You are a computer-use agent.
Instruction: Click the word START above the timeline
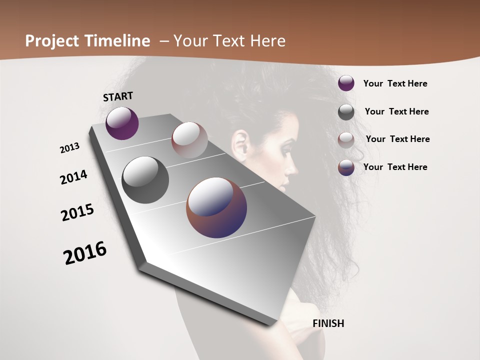point(118,96)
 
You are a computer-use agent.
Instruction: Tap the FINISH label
point(328,323)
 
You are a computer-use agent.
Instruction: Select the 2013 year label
point(69,148)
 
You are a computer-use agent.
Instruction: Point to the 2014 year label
point(73,177)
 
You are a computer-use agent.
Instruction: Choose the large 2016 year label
point(85,253)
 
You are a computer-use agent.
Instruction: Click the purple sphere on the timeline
point(122,123)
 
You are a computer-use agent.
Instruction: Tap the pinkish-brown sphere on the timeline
point(189,140)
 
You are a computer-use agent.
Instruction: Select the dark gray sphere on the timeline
point(145,180)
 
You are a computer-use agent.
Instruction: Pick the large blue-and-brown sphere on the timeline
point(216,207)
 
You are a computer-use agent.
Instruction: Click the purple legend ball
point(346,83)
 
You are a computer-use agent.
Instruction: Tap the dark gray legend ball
point(346,112)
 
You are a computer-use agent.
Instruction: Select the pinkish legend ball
point(346,139)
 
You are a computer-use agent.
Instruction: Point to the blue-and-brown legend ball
point(346,167)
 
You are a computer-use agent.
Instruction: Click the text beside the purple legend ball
point(395,83)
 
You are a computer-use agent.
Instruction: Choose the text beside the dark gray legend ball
point(396,111)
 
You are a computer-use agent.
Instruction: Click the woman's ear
point(239,144)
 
